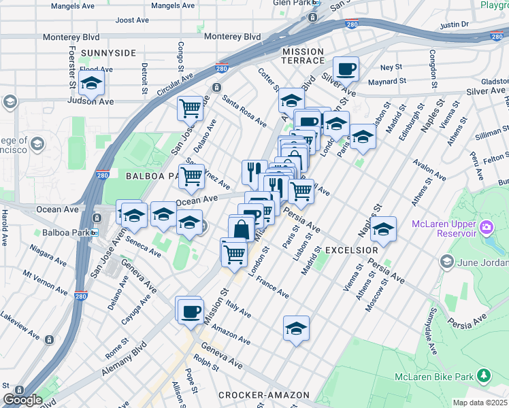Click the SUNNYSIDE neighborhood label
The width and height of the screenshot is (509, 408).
108,52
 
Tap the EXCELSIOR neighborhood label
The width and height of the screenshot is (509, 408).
350,250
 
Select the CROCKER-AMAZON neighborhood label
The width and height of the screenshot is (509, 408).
264,395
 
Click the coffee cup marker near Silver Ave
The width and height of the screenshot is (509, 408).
346,69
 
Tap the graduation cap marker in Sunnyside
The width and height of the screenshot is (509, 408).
90,84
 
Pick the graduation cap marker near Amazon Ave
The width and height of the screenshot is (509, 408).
296,328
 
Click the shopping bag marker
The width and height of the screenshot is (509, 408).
241,228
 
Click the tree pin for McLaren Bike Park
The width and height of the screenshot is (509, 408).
484,375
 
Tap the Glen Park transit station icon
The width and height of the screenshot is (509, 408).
314,18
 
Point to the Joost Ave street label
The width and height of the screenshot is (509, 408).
132,20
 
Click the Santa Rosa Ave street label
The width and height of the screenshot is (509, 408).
244,110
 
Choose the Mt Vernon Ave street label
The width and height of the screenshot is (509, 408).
46,284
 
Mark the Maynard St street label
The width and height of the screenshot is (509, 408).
387,81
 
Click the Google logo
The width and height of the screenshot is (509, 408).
22,400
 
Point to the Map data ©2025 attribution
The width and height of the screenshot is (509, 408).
480,403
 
